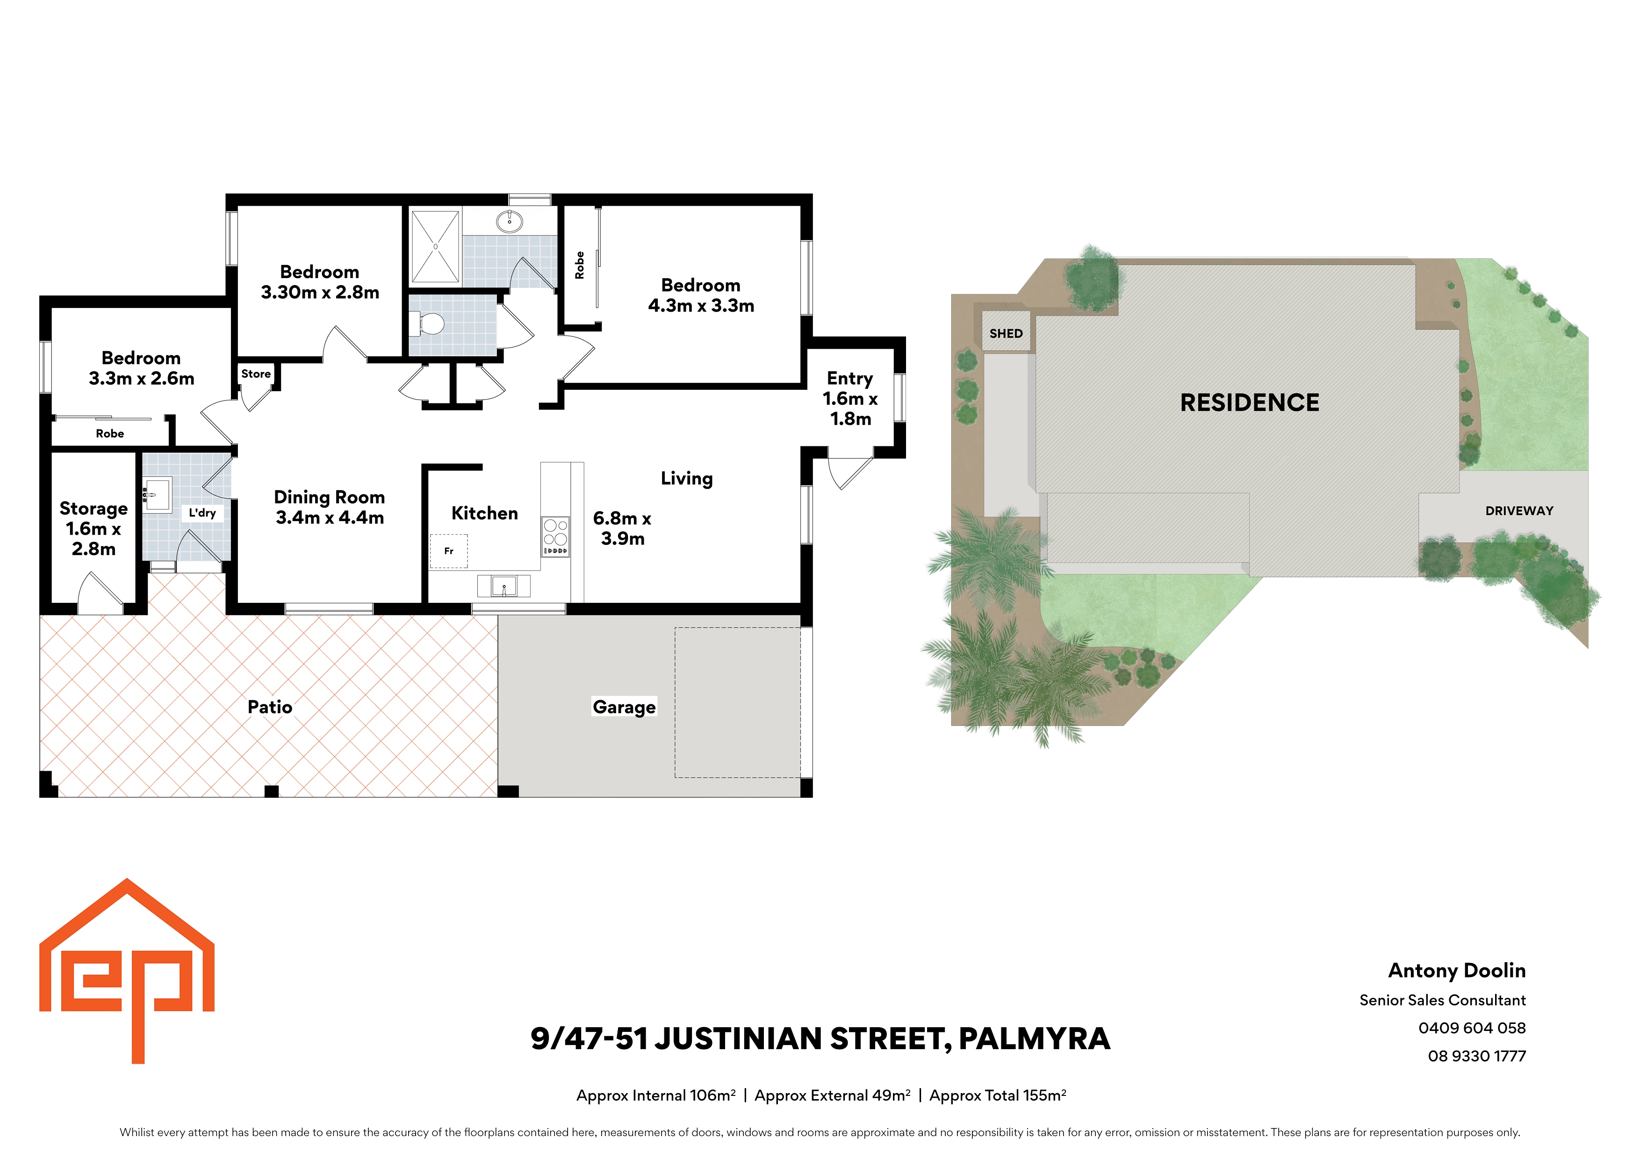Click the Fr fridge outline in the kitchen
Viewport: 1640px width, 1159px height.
tap(449, 551)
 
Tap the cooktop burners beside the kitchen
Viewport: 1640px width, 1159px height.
tap(556, 537)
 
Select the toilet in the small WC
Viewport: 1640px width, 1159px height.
tap(428, 325)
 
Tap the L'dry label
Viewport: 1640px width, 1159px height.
tap(202, 513)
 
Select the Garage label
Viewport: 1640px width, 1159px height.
tap(624, 707)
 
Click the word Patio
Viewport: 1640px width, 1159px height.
tap(270, 707)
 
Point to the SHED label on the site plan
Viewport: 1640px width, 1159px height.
tap(1006, 334)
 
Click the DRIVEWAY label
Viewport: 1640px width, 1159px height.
tap(1519, 511)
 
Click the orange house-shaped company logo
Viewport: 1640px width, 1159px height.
tap(127, 971)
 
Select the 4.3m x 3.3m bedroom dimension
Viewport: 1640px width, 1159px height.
tap(701, 306)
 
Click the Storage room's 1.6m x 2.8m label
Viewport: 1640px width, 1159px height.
tap(94, 539)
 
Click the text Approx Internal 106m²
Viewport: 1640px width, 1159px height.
tap(656, 1095)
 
